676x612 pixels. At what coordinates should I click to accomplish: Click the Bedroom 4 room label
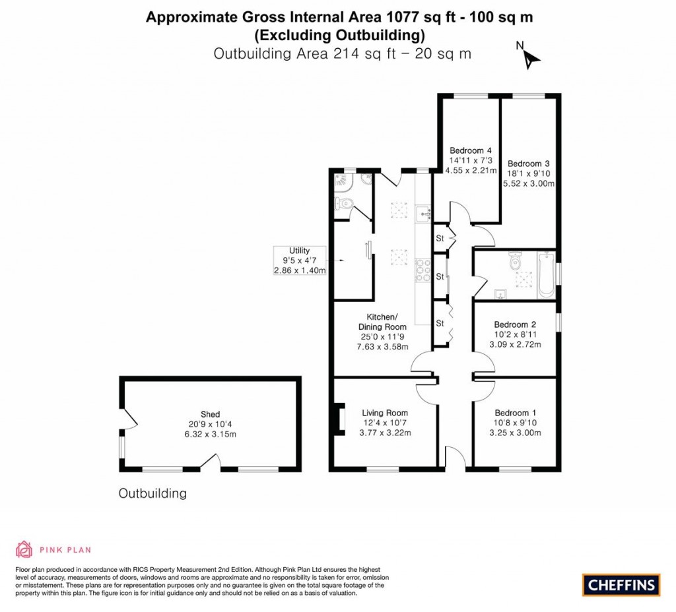tap(465, 150)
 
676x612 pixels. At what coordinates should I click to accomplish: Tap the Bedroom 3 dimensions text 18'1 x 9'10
tap(529, 173)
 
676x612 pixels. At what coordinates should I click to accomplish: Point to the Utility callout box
tap(300, 260)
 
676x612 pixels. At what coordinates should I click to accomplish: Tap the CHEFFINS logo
tap(621, 584)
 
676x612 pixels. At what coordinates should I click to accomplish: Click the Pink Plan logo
tap(53, 549)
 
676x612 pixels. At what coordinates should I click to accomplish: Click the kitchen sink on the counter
tap(423, 213)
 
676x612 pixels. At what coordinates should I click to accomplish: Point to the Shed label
tap(211, 414)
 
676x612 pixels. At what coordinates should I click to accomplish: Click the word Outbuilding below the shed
tap(152, 493)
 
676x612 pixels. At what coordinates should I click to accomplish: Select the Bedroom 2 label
tap(515, 324)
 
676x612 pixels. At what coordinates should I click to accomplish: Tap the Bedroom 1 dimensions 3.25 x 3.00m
tap(515, 433)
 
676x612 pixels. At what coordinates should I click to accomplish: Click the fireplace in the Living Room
tap(341, 421)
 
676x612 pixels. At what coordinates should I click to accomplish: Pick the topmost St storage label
tap(439, 239)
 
